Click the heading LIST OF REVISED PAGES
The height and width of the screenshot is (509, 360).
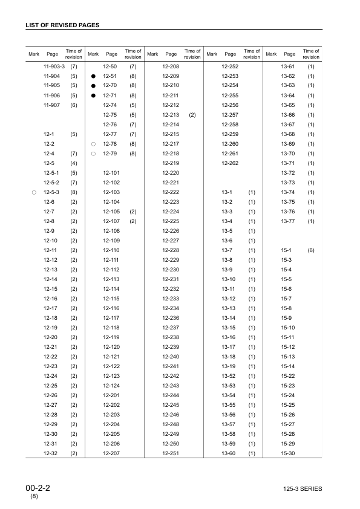pyautogui.click(x=62, y=25)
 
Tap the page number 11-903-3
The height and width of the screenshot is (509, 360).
pyautogui.click(x=54, y=65)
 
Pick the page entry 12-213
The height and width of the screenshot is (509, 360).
pyautogui.click(x=171, y=114)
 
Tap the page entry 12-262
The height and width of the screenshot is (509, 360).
pyautogui.click(x=230, y=163)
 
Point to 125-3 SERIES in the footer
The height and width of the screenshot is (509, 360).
pyautogui.click(x=302, y=489)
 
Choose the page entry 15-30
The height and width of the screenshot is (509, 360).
pyautogui.click(x=287, y=453)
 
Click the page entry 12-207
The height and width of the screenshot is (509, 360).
pyautogui.click(x=111, y=453)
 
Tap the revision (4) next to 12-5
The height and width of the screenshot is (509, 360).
pyautogui.click(x=74, y=163)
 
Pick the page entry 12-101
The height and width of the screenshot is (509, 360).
pyautogui.click(x=111, y=173)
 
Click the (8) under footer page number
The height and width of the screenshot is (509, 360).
pyautogui.click(x=34, y=497)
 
